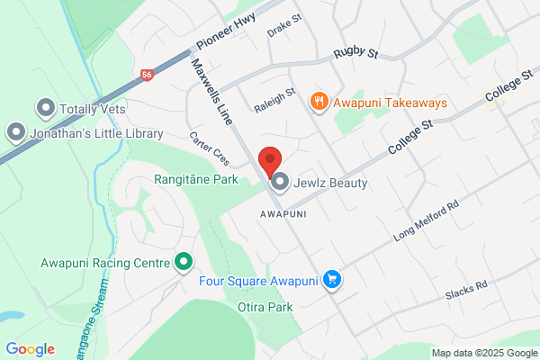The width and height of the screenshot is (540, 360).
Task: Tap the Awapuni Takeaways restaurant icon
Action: (318, 102)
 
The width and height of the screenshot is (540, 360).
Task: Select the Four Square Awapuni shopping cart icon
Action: (333, 281)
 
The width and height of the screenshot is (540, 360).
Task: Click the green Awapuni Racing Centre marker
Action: (184, 263)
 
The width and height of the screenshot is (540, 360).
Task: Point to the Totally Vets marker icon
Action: (46, 110)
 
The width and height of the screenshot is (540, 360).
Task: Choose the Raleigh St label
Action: (274, 100)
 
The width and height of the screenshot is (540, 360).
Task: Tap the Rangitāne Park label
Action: (195, 180)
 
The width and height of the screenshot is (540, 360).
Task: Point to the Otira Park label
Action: (265, 307)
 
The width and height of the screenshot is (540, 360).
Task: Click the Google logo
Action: (30, 349)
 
